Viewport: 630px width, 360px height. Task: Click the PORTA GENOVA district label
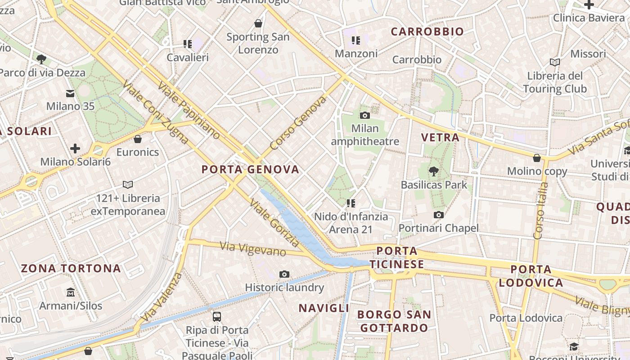(x=250, y=170)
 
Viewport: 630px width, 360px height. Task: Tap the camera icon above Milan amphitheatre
(x=365, y=116)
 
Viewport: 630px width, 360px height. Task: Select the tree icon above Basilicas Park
(x=434, y=171)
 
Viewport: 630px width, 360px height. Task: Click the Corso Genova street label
(x=298, y=123)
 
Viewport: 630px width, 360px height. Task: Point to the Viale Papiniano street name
(x=189, y=111)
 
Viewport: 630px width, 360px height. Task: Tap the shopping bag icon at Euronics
(x=138, y=139)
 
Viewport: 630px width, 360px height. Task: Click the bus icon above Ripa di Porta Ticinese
(x=217, y=317)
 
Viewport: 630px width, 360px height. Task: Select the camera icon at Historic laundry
(x=284, y=274)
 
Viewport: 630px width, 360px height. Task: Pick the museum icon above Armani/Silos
(x=71, y=292)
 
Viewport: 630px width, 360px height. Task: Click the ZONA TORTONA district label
(x=71, y=269)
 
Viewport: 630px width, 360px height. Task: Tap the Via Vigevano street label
(x=253, y=249)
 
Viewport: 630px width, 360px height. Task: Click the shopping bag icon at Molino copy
(x=537, y=158)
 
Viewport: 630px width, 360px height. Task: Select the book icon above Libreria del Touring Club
(x=555, y=62)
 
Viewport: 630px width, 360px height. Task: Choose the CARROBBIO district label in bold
(x=427, y=31)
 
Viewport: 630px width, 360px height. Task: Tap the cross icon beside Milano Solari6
(x=75, y=148)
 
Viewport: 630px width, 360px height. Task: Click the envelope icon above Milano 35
(x=70, y=94)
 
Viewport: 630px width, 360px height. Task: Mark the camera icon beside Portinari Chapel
(x=439, y=215)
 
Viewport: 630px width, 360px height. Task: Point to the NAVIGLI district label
(x=324, y=308)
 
